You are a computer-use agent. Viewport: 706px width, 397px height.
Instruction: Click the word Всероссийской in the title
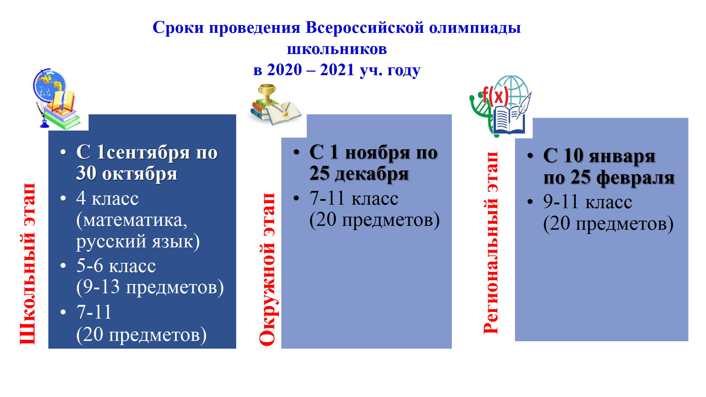[x=365, y=28]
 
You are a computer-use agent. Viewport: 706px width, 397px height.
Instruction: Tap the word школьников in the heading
[x=337, y=49]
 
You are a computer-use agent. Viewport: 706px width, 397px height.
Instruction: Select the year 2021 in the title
[x=337, y=70]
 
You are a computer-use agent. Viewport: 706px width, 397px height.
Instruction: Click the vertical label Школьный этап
[x=28, y=264]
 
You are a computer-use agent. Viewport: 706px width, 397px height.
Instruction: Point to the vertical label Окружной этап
[x=267, y=269]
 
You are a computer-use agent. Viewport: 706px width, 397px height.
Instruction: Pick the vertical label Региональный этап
[x=491, y=243]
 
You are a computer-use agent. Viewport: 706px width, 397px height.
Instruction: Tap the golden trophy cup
[x=267, y=93]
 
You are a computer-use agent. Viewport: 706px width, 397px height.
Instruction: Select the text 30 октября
[x=127, y=173]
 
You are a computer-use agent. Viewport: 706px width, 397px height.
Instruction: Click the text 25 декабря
[x=359, y=173]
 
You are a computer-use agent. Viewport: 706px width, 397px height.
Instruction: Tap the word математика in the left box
[x=132, y=220]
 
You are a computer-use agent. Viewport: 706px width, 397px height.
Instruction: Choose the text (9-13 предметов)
[x=150, y=287]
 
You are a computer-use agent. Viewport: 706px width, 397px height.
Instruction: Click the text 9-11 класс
[x=588, y=201]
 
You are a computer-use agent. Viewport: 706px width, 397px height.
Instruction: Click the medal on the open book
[x=285, y=113]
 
